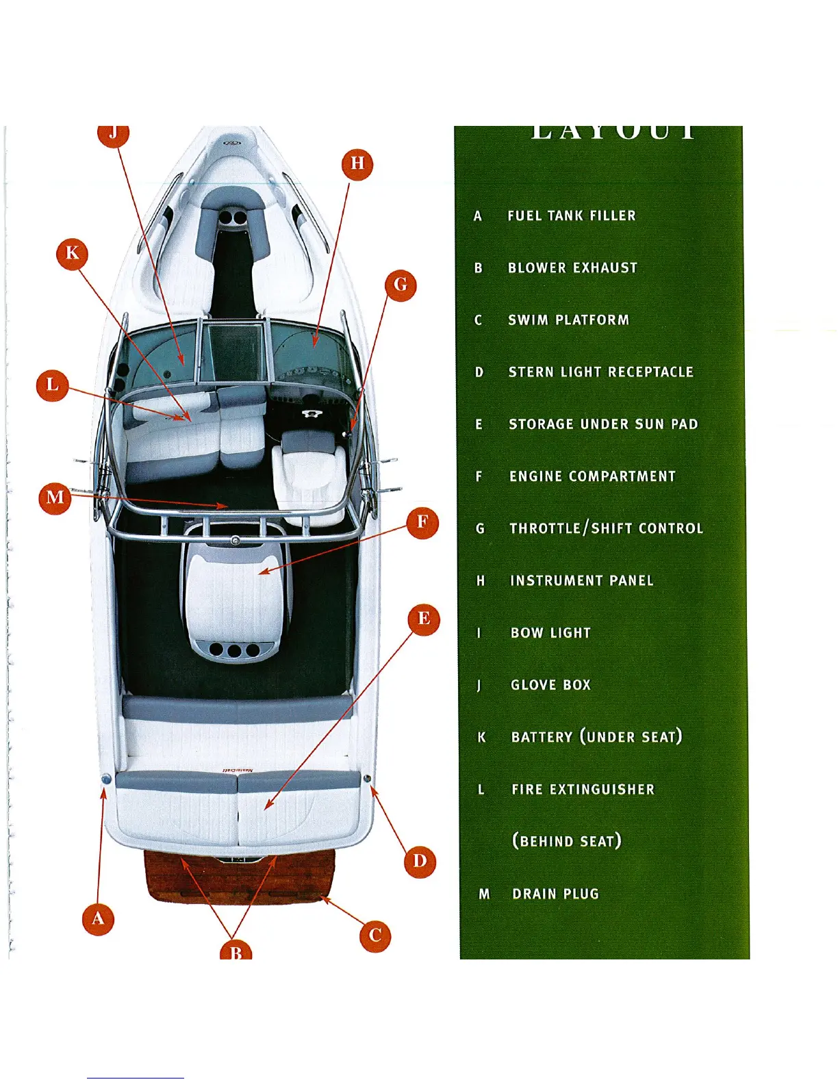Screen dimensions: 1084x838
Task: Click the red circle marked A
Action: [98, 918]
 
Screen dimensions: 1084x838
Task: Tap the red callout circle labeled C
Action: [375, 935]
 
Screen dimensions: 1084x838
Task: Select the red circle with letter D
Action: [420, 861]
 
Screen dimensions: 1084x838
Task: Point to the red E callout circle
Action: [424, 619]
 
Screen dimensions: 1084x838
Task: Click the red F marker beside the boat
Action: [422, 523]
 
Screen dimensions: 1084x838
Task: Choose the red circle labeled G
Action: [401, 284]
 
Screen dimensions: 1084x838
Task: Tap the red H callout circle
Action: [357, 164]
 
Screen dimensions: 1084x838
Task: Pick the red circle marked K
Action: [72, 254]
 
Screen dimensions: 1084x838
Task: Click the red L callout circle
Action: [52, 385]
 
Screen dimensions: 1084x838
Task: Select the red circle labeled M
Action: [55, 498]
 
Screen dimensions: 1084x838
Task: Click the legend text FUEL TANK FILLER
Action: [572, 216]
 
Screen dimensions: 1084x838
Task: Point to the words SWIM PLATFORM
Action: [568, 320]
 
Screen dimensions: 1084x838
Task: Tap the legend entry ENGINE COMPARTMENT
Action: [592, 476]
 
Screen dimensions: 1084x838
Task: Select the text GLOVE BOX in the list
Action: [550, 685]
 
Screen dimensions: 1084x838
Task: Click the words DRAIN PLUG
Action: [555, 894]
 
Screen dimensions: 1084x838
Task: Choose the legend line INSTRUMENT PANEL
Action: [582, 581]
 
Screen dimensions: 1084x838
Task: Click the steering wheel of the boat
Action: [312, 414]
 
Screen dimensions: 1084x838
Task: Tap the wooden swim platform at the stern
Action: [240, 879]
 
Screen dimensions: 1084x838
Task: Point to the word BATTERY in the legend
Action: [542, 738]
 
